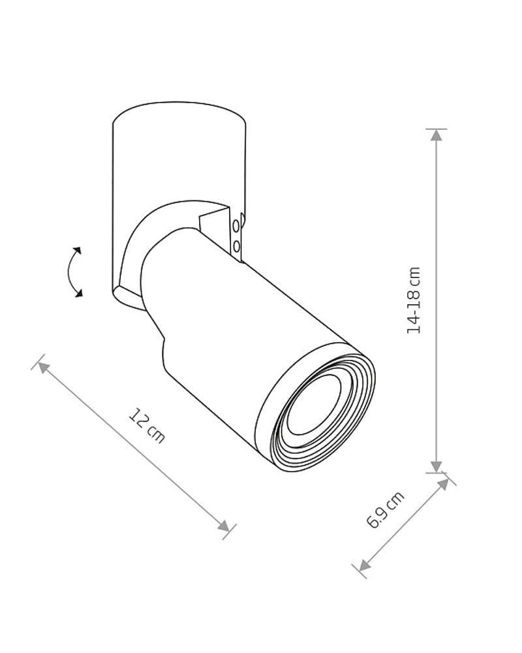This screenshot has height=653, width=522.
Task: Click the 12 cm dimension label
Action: [147, 425]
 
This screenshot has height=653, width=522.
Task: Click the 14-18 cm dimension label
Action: [414, 300]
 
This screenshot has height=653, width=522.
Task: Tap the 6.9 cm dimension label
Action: [385, 510]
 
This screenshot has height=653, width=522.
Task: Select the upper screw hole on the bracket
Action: [236, 226]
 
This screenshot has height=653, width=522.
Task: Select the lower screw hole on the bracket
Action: [237, 247]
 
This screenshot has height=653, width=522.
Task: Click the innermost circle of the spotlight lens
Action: [314, 404]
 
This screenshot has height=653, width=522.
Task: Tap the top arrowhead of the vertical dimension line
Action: [437, 135]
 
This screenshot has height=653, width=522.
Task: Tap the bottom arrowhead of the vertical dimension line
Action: [437, 466]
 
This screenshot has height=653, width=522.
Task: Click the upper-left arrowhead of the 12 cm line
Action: [43, 367]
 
